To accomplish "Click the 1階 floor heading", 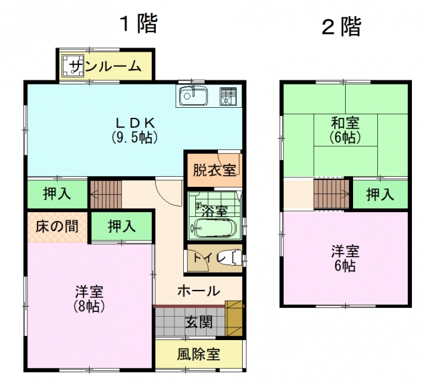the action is click(x=138, y=24).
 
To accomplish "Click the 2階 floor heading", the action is click(x=341, y=27).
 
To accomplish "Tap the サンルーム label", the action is click(x=106, y=66).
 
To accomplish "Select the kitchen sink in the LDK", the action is click(x=193, y=96).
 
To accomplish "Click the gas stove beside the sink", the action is click(x=228, y=96).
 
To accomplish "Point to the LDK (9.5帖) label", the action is click(x=135, y=130).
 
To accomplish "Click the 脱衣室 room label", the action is click(x=214, y=170).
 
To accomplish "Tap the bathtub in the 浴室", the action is click(x=213, y=228).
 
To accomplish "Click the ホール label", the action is click(x=199, y=291).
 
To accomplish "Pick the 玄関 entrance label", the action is click(x=199, y=322).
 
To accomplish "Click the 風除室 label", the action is click(x=199, y=354).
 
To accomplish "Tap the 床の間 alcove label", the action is click(x=57, y=226).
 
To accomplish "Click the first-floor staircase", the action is click(x=106, y=194).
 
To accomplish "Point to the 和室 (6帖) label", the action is click(x=345, y=130).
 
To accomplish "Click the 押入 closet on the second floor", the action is click(x=381, y=194).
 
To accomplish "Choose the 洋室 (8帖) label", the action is click(x=89, y=299).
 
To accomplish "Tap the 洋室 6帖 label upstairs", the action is click(x=345, y=259).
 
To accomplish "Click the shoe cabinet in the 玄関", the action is click(x=233, y=318).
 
